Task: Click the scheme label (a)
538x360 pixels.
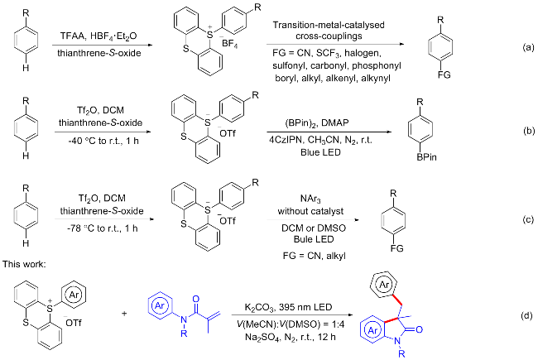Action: pos(528,47)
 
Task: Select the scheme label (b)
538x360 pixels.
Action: pos(528,131)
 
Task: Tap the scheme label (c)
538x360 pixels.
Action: pos(528,220)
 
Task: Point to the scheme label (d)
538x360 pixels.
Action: pos(526,316)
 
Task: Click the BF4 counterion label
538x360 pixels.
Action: pos(229,44)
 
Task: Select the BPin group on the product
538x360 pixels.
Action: pos(427,157)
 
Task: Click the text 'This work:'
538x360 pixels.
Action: pos(24,264)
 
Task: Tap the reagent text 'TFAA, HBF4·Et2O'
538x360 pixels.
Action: pos(98,36)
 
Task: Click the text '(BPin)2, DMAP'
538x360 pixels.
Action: pos(322,122)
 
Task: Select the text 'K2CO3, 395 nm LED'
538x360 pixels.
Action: pos(288,307)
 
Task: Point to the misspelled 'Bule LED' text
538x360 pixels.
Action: pos(314,239)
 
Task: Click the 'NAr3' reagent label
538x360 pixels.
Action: pos(310,199)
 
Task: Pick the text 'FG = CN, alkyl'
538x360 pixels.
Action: pos(314,256)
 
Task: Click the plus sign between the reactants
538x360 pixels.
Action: pos(124,314)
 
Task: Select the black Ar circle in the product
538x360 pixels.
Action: pos(383,284)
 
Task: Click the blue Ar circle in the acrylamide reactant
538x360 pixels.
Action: pos(160,305)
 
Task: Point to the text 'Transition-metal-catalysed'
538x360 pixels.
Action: pos(329,25)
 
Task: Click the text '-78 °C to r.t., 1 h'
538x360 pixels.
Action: pos(103,228)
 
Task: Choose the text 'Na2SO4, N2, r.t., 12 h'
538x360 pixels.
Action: pos(291,337)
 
